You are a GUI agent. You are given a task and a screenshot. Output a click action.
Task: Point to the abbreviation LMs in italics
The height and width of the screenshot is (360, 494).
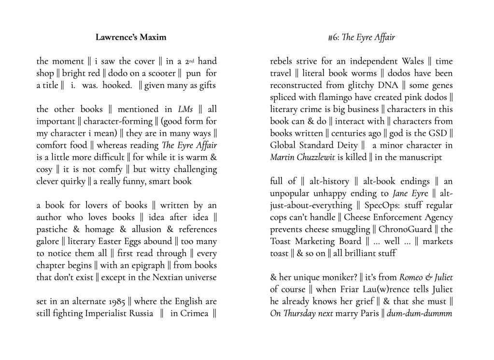(x=185, y=109)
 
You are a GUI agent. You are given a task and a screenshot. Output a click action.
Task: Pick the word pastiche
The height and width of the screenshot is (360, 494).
(x=53, y=229)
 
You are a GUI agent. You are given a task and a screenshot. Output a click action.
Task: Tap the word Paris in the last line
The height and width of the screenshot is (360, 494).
(x=363, y=313)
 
